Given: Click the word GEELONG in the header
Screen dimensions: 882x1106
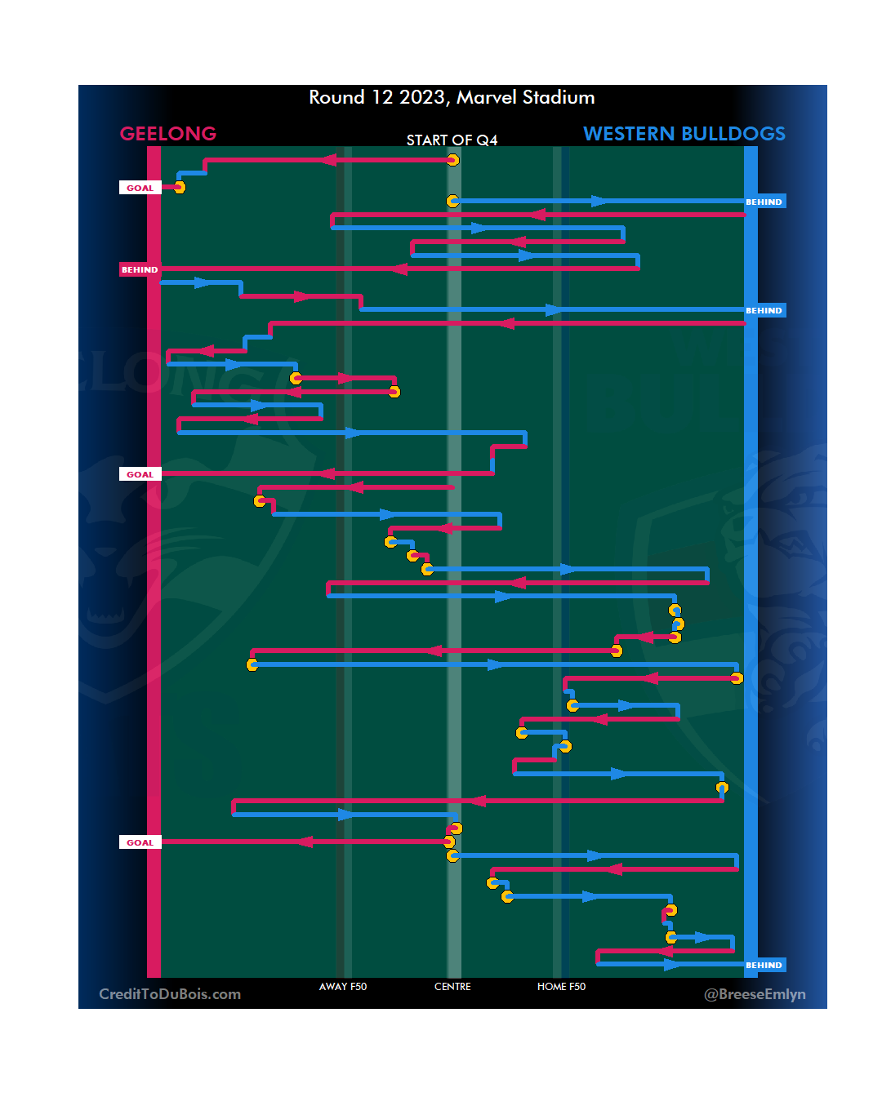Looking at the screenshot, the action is [x=167, y=134].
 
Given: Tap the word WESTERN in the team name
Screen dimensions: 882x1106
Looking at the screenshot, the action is [x=629, y=134].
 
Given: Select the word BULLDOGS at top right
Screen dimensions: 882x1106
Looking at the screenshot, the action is [x=733, y=134].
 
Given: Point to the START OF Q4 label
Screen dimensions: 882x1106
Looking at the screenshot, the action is [x=452, y=140].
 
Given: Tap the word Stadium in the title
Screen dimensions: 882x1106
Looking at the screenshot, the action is [x=559, y=98].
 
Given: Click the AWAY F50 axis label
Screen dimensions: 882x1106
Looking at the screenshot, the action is [x=343, y=987].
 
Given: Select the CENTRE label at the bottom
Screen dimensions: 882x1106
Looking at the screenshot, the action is [x=452, y=987].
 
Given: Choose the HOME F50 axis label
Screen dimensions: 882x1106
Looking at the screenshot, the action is [x=561, y=987].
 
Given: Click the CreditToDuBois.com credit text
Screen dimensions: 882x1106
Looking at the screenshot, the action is [x=170, y=994].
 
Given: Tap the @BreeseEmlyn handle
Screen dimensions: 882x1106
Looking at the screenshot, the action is [x=755, y=994].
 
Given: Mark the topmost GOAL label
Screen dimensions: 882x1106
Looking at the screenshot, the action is [x=140, y=188].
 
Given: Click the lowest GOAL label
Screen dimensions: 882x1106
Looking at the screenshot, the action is [x=140, y=842].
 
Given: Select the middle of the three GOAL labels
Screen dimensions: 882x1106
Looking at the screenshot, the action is [x=140, y=474].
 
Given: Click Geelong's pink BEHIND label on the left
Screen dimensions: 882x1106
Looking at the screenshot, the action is [x=140, y=269].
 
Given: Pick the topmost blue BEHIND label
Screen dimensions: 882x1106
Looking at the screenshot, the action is [x=764, y=202].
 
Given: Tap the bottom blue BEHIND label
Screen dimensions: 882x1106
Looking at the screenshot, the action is [x=764, y=965].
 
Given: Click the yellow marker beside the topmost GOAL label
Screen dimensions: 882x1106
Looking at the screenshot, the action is [x=180, y=188].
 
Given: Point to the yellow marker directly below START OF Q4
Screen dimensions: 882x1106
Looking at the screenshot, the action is [x=452, y=160].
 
